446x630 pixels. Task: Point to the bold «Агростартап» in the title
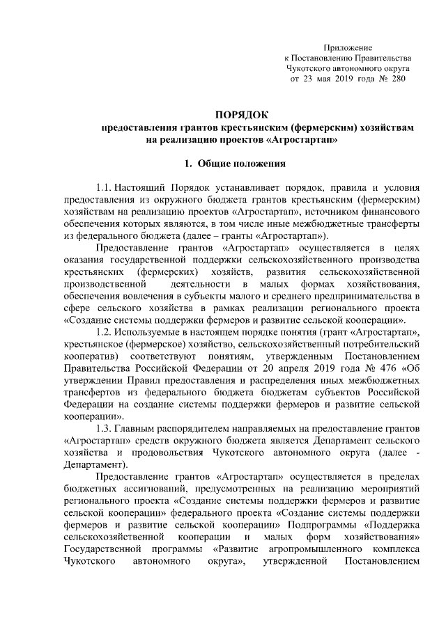[301, 140]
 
